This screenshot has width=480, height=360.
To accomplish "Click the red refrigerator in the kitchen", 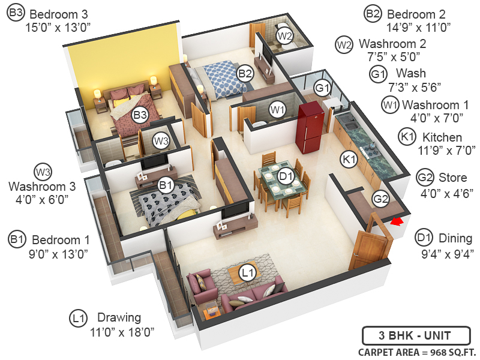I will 310,127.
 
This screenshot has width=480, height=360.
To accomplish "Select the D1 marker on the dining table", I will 286,176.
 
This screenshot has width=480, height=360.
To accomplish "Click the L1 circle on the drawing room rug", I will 247,273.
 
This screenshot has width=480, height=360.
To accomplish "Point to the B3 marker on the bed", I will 140,114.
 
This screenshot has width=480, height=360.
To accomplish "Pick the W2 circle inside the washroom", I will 285,36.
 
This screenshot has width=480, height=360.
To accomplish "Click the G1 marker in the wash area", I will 323,88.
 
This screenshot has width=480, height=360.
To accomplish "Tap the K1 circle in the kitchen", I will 349,159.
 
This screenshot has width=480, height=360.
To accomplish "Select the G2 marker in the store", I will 380,199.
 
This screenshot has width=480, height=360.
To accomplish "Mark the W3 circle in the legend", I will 43,171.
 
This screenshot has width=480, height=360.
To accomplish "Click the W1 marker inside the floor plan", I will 277,109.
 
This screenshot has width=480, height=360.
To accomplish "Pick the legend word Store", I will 452,178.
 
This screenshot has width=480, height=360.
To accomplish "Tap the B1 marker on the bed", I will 166,186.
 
